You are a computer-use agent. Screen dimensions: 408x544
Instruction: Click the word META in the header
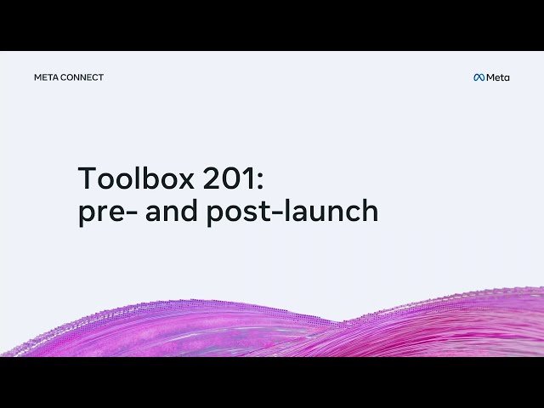pos(46,77)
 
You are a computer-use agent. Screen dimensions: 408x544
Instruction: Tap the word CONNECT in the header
pos(82,77)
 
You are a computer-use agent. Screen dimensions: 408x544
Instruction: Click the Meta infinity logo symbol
pos(479,77)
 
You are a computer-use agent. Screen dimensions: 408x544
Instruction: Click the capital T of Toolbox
pos(87,179)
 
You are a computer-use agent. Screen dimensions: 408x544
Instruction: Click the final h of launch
pos(369,210)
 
